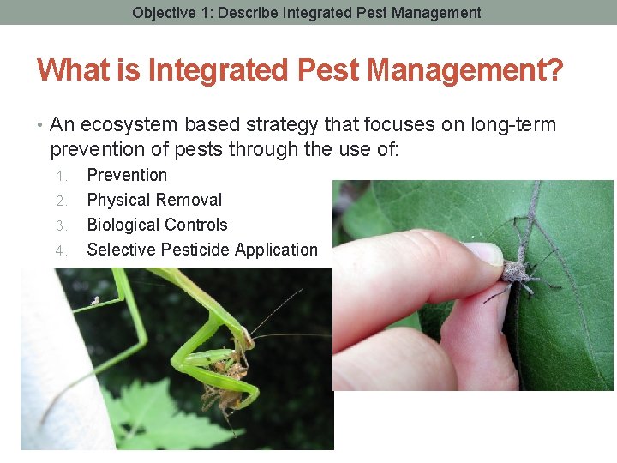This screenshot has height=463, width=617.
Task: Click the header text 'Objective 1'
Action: pos(168,13)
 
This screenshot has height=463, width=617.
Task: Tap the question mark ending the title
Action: pos(554,69)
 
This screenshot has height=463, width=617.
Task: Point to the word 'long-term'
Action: pos(513,125)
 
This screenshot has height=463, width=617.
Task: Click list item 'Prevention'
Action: pos(127,175)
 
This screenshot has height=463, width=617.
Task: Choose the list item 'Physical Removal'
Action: pos(154,200)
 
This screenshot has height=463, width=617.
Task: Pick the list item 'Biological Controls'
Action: pos(157,225)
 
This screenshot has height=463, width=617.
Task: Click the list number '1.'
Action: pos(61,176)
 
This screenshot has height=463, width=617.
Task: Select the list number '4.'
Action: pos(61,250)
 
